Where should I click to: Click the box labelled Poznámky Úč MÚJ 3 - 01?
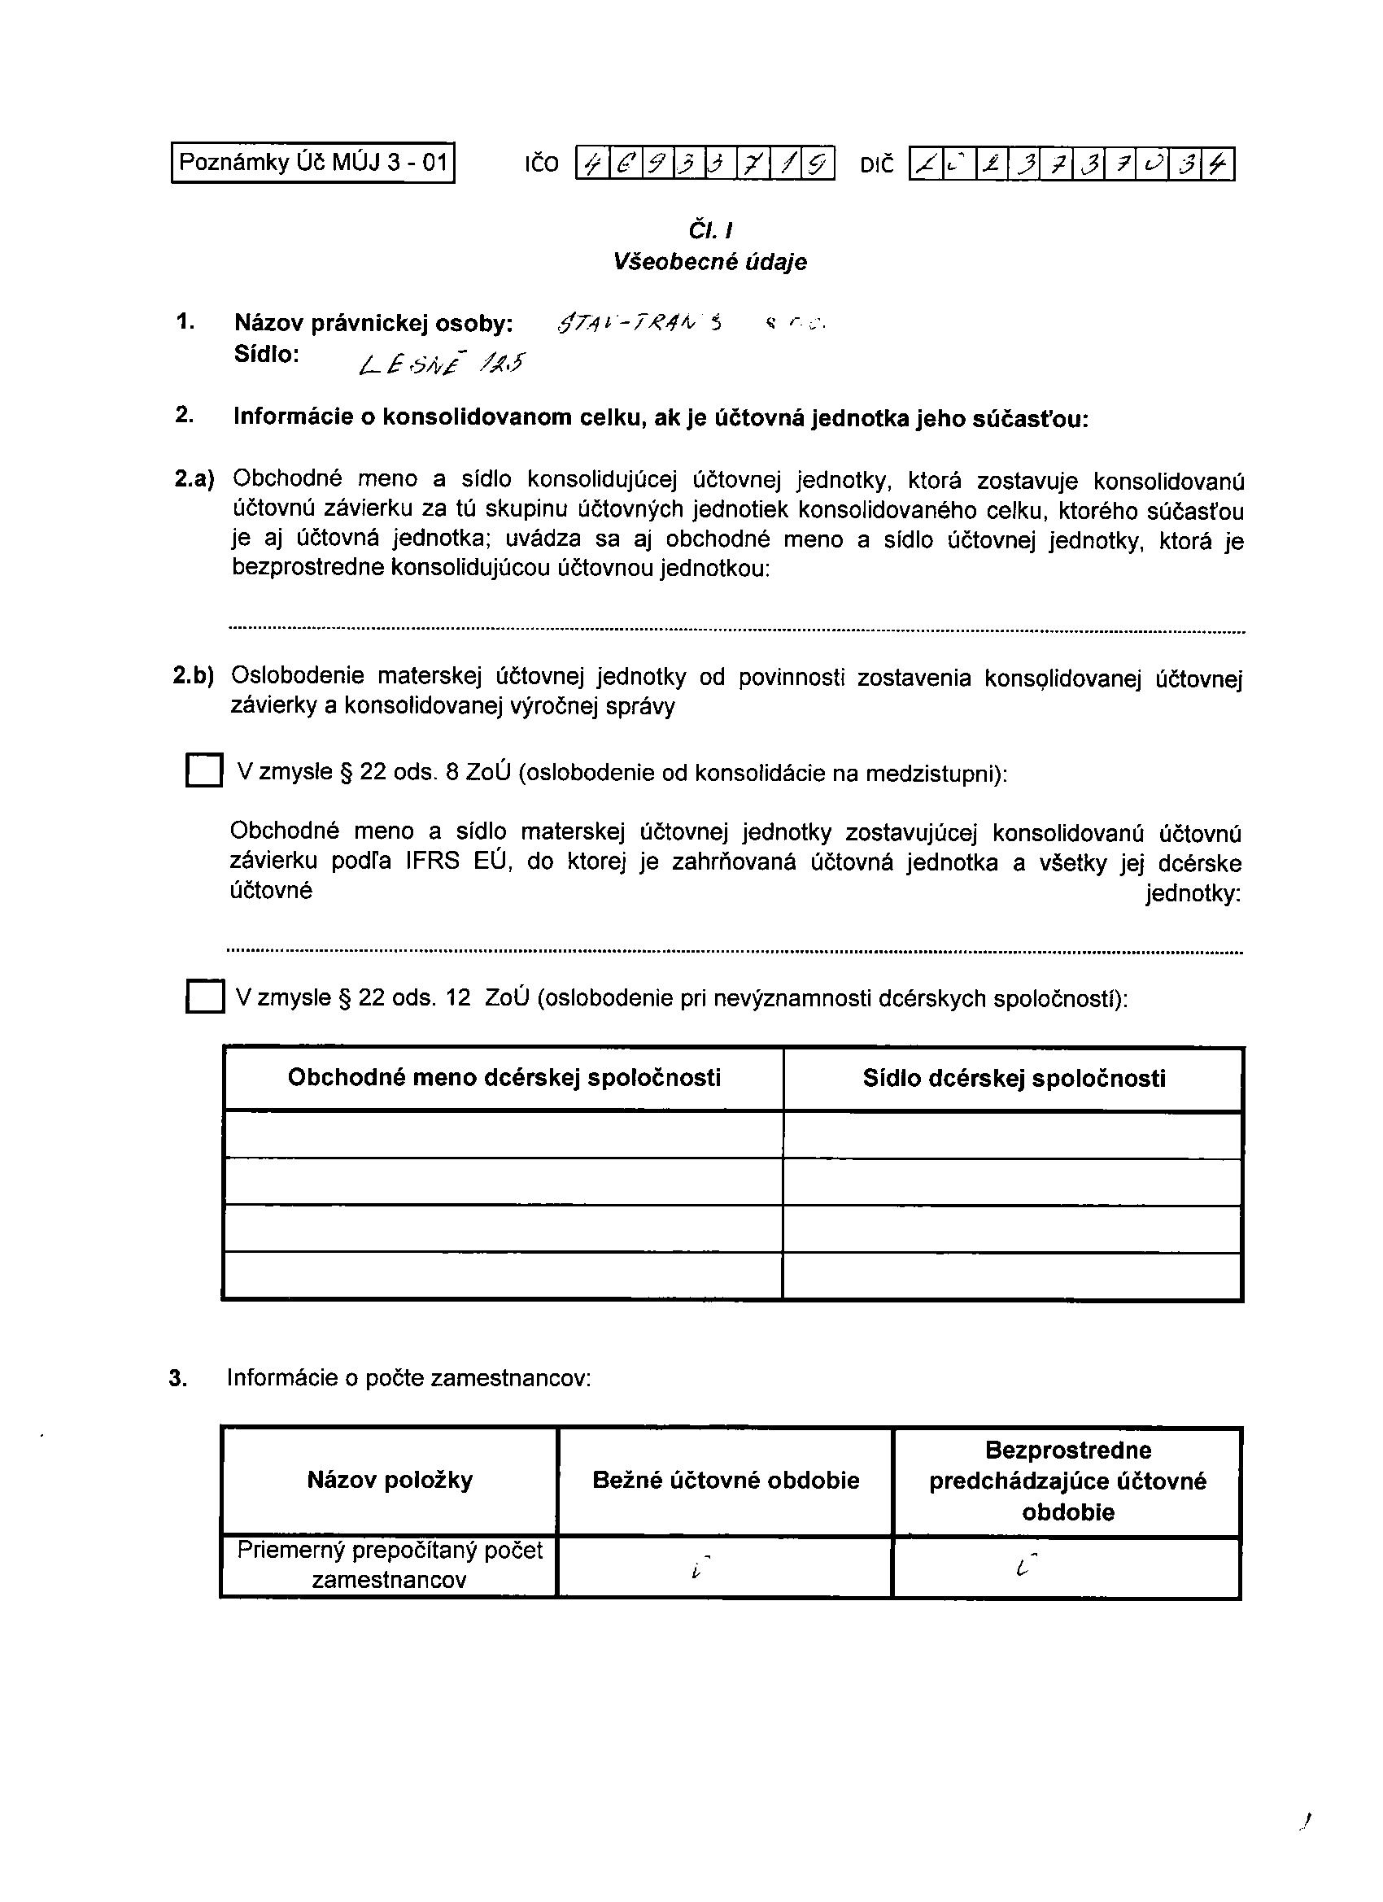[313, 163]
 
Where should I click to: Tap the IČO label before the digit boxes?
[542, 164]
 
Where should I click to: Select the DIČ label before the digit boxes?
[877, 164]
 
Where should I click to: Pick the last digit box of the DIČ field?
[1218, 164]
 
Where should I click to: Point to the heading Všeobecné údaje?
[709, 262]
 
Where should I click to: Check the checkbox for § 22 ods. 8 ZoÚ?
[204, 770]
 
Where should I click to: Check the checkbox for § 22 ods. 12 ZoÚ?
[205, 997]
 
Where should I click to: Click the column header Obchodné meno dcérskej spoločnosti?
[504, 1078]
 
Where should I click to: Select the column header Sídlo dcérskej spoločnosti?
[1013, 1079]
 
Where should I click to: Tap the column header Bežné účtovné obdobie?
[726, 1480]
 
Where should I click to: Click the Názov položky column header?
[390, 1480]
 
